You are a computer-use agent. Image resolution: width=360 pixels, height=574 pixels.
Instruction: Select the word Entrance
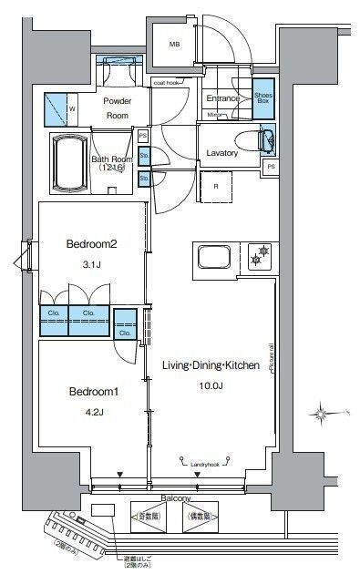(x=222, y=97)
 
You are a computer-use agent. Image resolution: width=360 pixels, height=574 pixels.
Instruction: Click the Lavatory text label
(x=221, y=153)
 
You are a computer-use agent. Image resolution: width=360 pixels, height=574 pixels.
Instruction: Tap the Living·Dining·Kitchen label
(x=211, y=365)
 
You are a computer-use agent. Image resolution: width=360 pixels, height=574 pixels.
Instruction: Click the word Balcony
(x=176, y=499)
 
